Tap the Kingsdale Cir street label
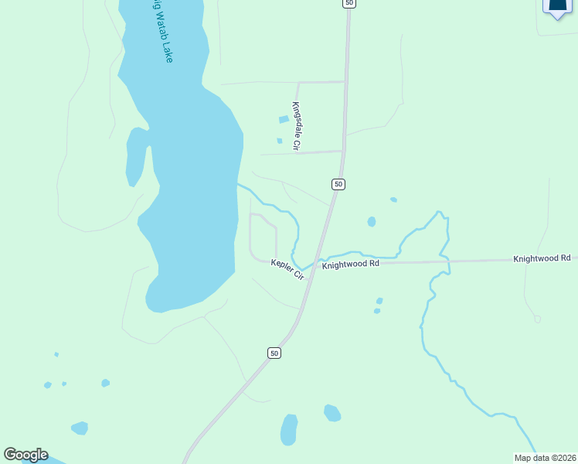(296, 125)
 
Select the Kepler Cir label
(287, 268)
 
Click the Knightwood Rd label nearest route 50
(351, 264)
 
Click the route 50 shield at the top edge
(349, 3)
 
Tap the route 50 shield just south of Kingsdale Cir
(338, 184)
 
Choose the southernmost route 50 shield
(274, 353)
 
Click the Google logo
(25, 454)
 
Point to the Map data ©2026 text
(546, 458)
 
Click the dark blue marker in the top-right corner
(557, 6)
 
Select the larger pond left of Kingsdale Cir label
(284, 120)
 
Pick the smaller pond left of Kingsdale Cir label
(280, 141)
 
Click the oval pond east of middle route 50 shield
(372, 222)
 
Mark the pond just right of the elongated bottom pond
(332, 413)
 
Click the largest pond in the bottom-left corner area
(79, 428)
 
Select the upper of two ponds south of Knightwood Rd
(379, 301)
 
